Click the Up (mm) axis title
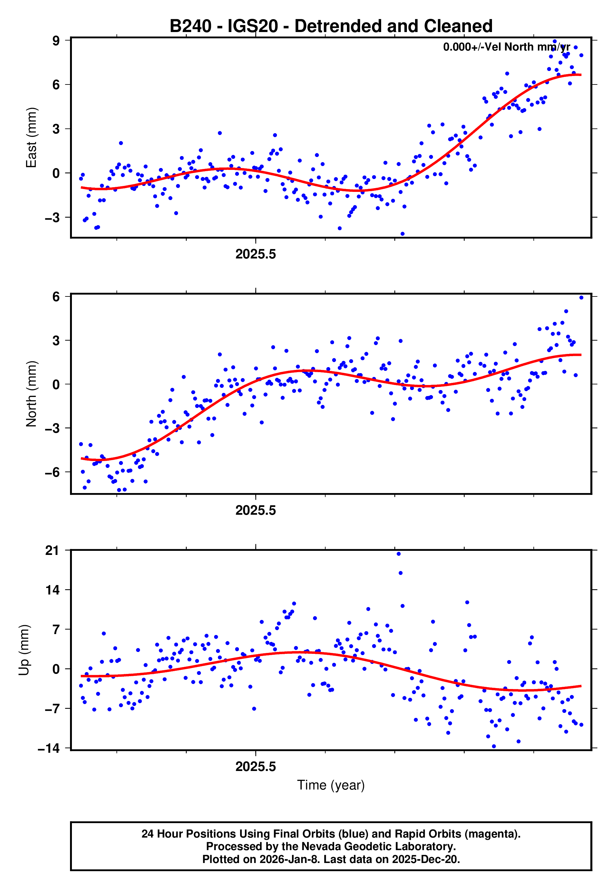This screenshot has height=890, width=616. point(24,650)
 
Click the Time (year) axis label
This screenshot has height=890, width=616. point(331,785)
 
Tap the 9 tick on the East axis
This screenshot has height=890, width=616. point(56,41)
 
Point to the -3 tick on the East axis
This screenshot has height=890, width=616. point(52,218)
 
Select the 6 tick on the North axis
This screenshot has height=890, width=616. point(56,297)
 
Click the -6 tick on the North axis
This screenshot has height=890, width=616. point(52,472)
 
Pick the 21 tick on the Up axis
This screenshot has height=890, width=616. point(52,551)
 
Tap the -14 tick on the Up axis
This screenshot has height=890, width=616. point(49,749)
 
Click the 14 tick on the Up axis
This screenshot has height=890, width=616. point(52,590)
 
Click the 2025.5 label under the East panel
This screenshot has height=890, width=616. point(256,254)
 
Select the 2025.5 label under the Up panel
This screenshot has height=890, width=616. point(256,767)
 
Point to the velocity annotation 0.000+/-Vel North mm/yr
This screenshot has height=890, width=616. point(506,47)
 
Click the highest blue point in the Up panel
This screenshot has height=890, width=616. point(399,554)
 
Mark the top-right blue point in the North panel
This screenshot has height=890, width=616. point(581,298)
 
